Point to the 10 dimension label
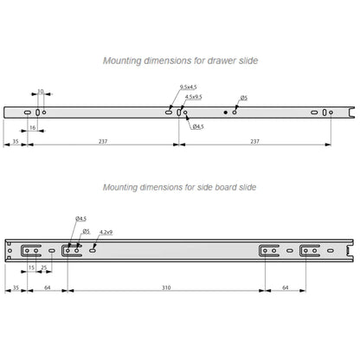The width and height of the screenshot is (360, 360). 41,91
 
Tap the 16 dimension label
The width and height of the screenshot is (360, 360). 33,127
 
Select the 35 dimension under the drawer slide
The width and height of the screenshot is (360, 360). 16,141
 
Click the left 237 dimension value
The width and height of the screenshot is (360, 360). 103,141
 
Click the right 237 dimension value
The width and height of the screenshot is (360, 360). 254,141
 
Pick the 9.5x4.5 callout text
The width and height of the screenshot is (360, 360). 189,87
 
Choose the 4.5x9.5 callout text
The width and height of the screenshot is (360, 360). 194,97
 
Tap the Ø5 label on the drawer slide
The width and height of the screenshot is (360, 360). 244,98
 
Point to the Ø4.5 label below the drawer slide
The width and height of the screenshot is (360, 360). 198,126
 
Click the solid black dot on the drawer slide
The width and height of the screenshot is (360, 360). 226,112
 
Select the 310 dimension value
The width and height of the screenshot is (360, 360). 166,287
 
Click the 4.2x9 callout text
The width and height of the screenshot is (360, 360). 106,232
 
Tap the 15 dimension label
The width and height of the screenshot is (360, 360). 31,267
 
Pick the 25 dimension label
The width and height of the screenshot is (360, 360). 43,267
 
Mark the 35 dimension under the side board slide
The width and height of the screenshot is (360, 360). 16,287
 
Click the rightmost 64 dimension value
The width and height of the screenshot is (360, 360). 286,287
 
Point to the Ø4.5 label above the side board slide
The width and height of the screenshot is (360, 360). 81,219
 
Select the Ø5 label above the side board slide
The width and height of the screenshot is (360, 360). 87,231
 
